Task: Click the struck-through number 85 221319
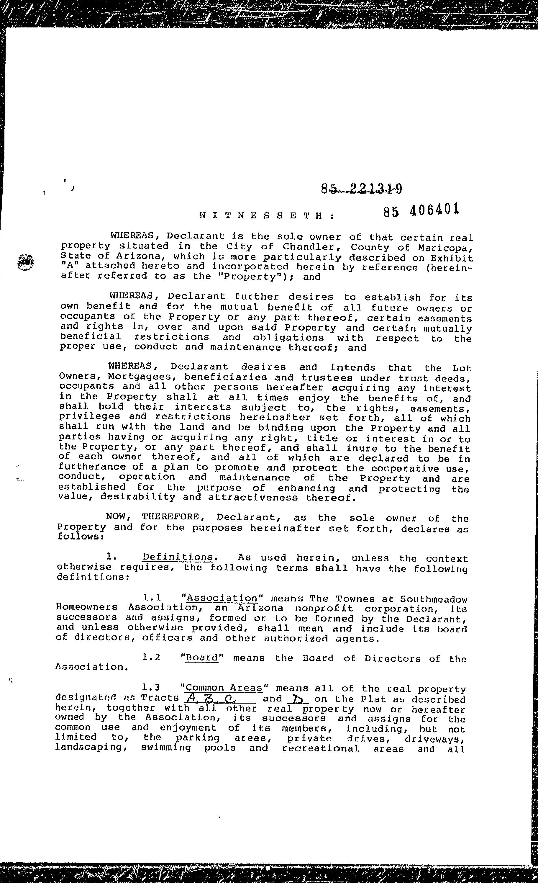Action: tap(361, 189)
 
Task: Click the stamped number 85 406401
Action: tap(421, 210)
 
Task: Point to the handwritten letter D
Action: tap(297, 699)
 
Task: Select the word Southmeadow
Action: tap(433, 599)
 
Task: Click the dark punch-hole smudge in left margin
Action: tap(25, 262)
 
